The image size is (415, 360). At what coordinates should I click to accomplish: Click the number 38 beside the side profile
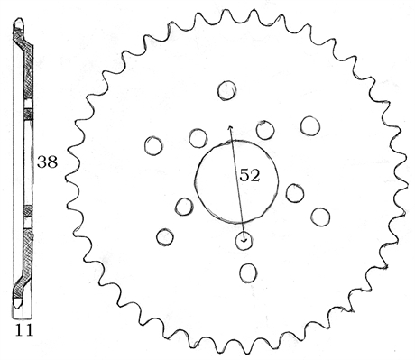(47, 162)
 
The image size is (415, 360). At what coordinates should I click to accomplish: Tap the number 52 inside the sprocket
(249, 175)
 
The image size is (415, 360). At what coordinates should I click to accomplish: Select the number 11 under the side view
(24, 330)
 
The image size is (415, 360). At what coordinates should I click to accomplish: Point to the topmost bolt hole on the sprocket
(227, 90)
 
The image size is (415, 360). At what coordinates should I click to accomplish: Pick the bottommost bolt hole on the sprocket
(248, 273)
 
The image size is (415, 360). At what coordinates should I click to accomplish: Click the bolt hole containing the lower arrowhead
(244, 241)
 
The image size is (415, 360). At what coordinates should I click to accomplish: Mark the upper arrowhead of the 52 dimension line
(230, 127)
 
